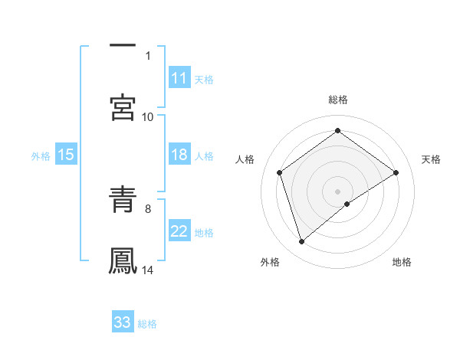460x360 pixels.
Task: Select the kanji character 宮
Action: [x=123, y=107]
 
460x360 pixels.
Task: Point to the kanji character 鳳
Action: [x=123, y=259]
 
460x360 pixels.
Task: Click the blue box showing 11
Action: [x=179, y=78]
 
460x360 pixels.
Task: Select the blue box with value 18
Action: [x=179, y=155]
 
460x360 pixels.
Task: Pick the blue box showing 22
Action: [x=179, y=231]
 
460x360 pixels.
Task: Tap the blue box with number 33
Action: [x=123, y=322]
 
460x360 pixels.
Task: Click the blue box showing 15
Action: [x=66, y=155]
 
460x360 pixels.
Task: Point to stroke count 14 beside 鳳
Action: [x=148, y=270]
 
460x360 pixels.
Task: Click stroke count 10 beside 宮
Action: [x=148, y=117]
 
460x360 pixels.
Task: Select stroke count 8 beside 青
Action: [x=148, y=208]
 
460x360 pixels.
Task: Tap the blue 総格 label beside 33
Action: [x=147, y=324]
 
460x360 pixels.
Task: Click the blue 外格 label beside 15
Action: [x=41, y=156]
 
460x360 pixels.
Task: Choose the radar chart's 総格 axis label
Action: [x=337, y=100]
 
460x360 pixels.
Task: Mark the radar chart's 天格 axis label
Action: [x=431, y=159]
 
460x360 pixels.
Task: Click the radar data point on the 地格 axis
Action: [x=348, y=204]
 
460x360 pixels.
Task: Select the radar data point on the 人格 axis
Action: [x=280, y=172]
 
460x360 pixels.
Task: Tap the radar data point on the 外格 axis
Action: [x=302, y=242]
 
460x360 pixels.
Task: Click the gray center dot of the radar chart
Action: [x=337, y=191]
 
